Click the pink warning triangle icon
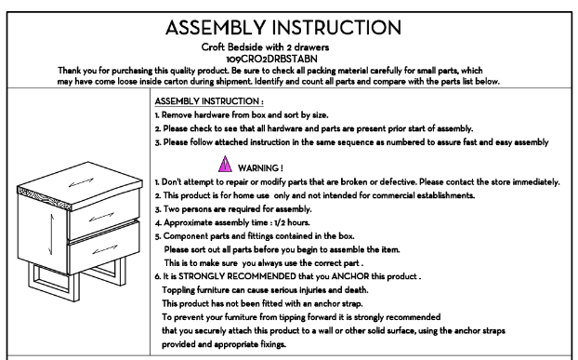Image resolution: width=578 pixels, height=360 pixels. (225, 165)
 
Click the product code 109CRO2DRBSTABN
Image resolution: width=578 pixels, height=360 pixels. (271, 59)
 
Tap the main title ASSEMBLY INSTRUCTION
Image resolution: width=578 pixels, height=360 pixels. (283, 28)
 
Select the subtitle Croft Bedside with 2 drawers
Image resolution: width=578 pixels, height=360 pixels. (265, 47)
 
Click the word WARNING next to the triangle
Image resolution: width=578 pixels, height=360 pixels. (258, 168)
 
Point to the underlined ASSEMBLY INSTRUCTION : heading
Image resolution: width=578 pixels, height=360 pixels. (209, 101)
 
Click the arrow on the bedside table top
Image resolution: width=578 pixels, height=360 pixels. (81, 182)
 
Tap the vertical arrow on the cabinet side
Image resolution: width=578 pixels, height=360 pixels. (51, 234)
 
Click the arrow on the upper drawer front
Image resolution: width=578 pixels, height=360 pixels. (101, 217)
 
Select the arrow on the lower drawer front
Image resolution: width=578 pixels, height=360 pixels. (105, 249)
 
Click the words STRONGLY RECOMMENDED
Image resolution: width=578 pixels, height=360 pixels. (237, 276)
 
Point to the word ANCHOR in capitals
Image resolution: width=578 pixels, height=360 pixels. (350, 276)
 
